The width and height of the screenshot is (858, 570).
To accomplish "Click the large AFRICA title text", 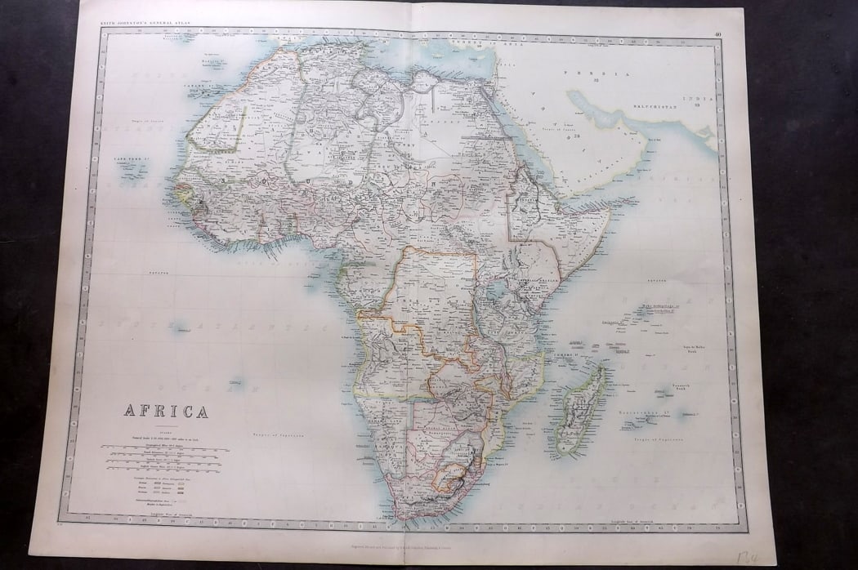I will tap(166, 411).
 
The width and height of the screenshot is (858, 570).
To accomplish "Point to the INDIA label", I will tap(699, 99).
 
